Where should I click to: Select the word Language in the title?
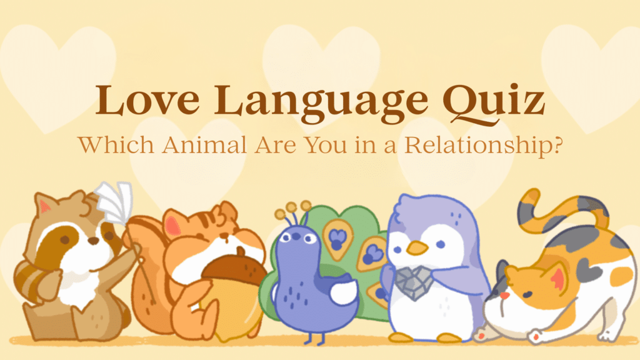coord(321,104)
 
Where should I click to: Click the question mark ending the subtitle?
coord(556,144)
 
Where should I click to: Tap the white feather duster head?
coord(115,202)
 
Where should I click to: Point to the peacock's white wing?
coord(344,292)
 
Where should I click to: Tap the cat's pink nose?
coord(505,295)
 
